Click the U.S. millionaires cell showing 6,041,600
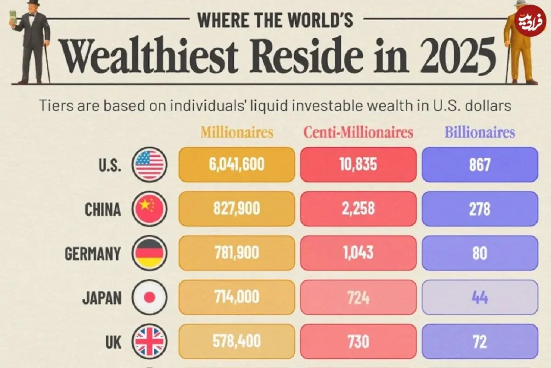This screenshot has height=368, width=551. click(236, 165)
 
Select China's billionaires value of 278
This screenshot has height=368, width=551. click(480, 209)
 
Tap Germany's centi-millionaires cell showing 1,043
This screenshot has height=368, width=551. click(358, 253)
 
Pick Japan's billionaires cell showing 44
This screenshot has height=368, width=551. click(480, 297)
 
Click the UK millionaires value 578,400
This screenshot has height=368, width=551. click(236, 341)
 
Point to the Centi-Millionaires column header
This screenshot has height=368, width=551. click(358, 132)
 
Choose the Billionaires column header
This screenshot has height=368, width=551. click(480, 132)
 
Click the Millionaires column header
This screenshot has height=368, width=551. click(236, 132)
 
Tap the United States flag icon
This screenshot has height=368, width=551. click(149, 165)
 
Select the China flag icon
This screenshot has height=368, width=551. click(149, 209)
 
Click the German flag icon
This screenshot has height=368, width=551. click(149, 253)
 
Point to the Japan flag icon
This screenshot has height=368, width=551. click(149, 297)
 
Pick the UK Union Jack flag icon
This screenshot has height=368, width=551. click(149, 341)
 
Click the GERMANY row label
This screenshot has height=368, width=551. click(93, 253)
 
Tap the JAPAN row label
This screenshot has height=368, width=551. click(102, 298)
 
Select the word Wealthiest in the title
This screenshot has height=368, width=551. click(149, 56)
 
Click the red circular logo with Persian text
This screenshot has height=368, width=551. click(530, 21)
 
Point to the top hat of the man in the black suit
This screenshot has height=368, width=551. click(34, 3)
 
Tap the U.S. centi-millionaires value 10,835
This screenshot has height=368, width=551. click(358, 164)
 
